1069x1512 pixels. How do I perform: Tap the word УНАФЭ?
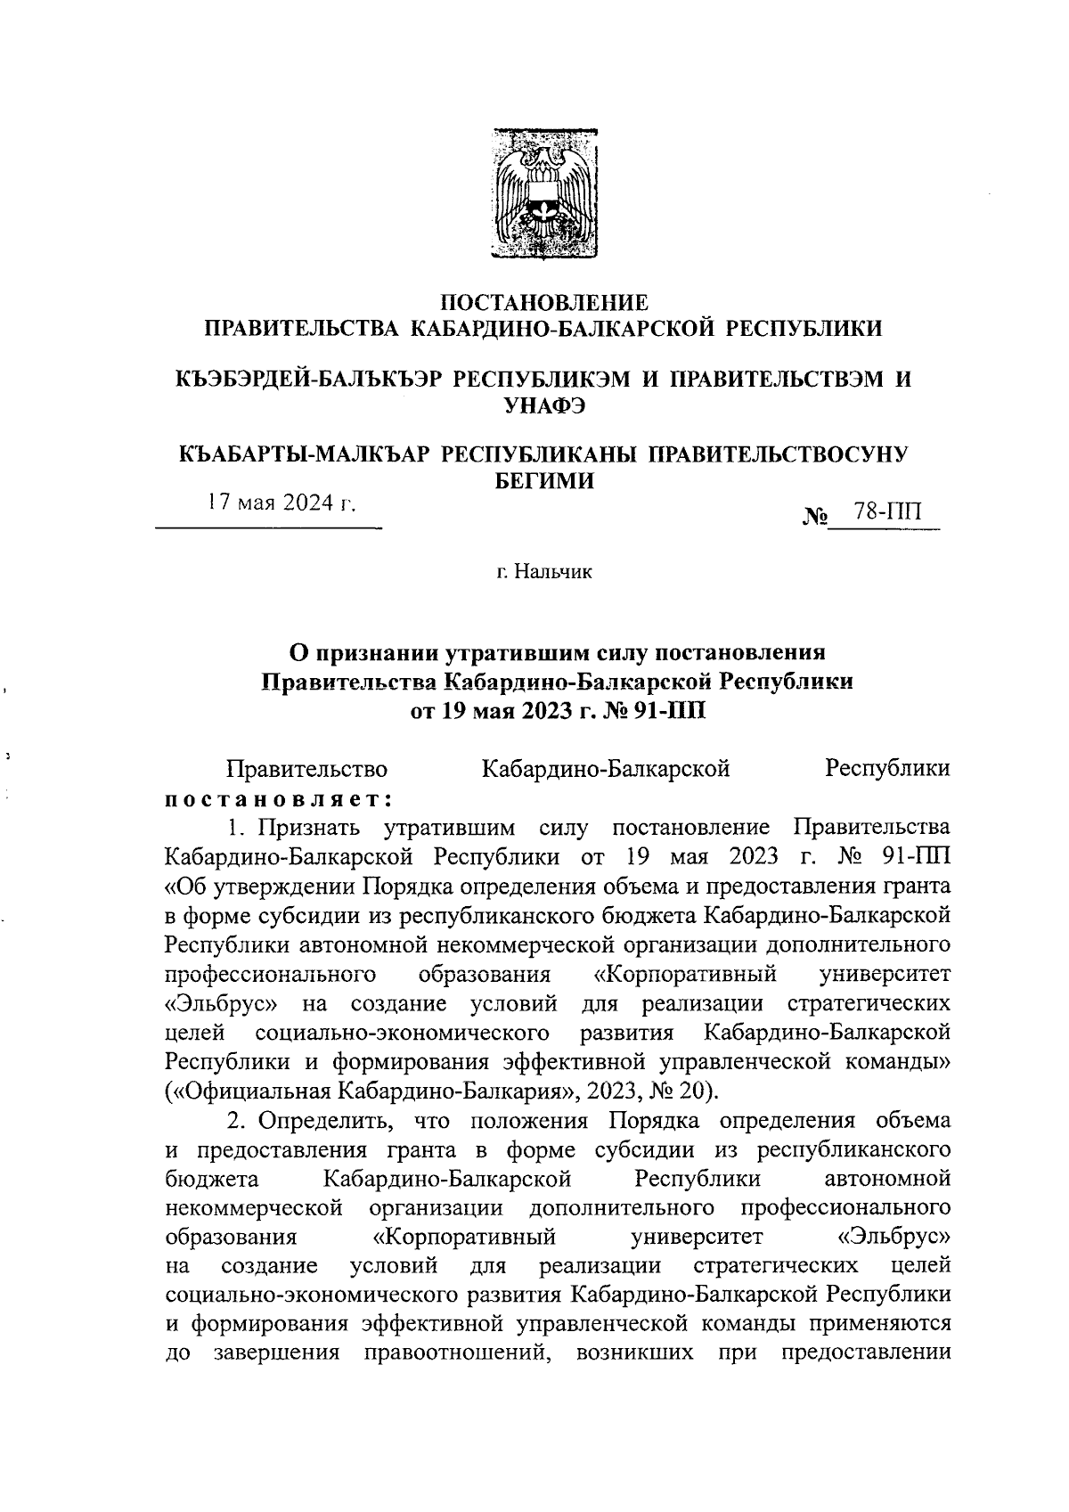click(544, 406)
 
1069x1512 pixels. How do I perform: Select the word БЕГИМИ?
click(544, 480)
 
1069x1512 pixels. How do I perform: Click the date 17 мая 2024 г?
click(281, 503)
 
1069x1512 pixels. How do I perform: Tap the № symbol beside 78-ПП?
click(816, 516)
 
